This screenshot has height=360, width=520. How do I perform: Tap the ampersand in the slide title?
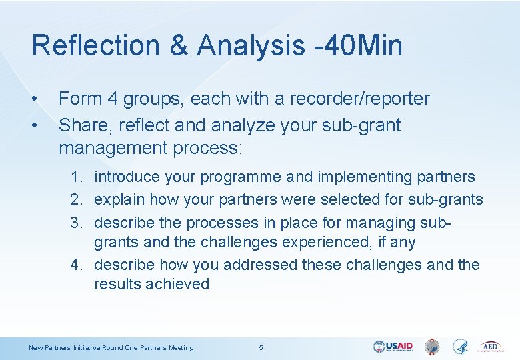pyautogui.click(x=180, y=46)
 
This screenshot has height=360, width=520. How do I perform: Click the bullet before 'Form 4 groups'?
pyautogui.click(x=34, y=99)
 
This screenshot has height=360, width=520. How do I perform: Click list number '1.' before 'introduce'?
pyautogui.click(x=78, y=177)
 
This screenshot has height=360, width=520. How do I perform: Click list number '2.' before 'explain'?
pyautogui.click(x=78, y=199)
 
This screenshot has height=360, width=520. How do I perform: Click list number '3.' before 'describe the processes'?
pyautogui.click(x=78, y=221)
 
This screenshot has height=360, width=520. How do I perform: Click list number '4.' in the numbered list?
pyautogui.click(x=78, y=265)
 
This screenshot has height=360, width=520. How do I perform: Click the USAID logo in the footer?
pyautogui.click(x=393, y=347)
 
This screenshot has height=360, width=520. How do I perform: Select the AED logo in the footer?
pyautogui.click(x=491, y=347)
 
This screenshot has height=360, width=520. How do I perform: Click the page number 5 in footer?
pyautogui.click(x=261, y=347)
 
